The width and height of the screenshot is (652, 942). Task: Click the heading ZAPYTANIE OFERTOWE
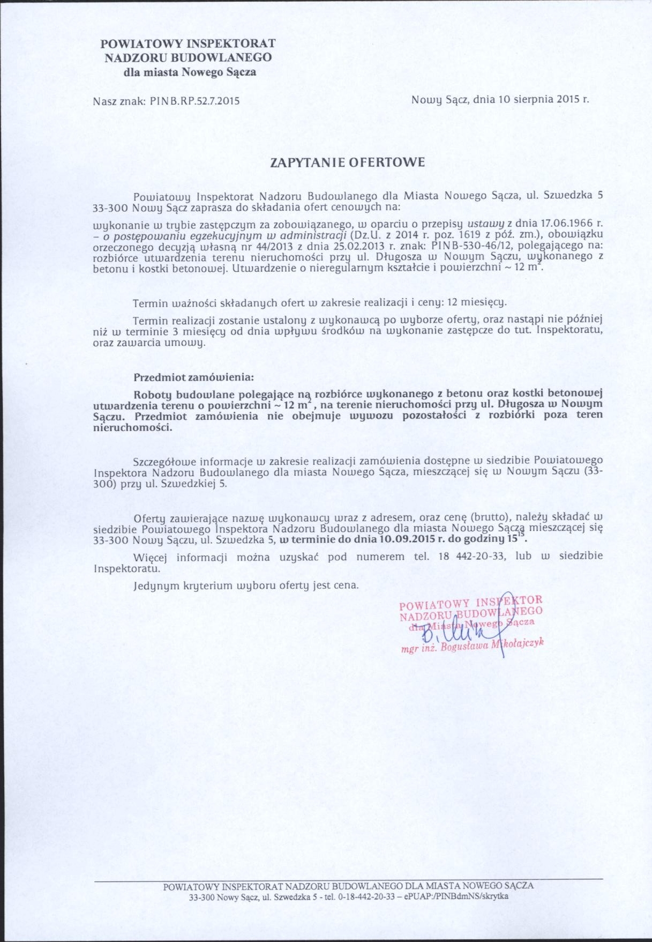pos(348,162)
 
